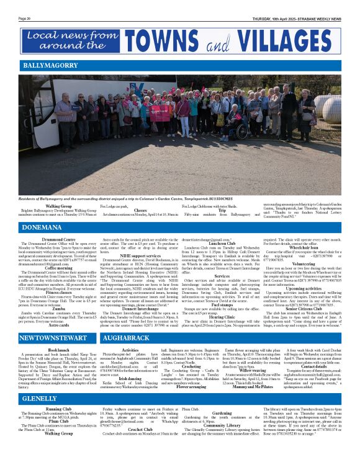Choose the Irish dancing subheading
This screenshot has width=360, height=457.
[130, 378]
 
